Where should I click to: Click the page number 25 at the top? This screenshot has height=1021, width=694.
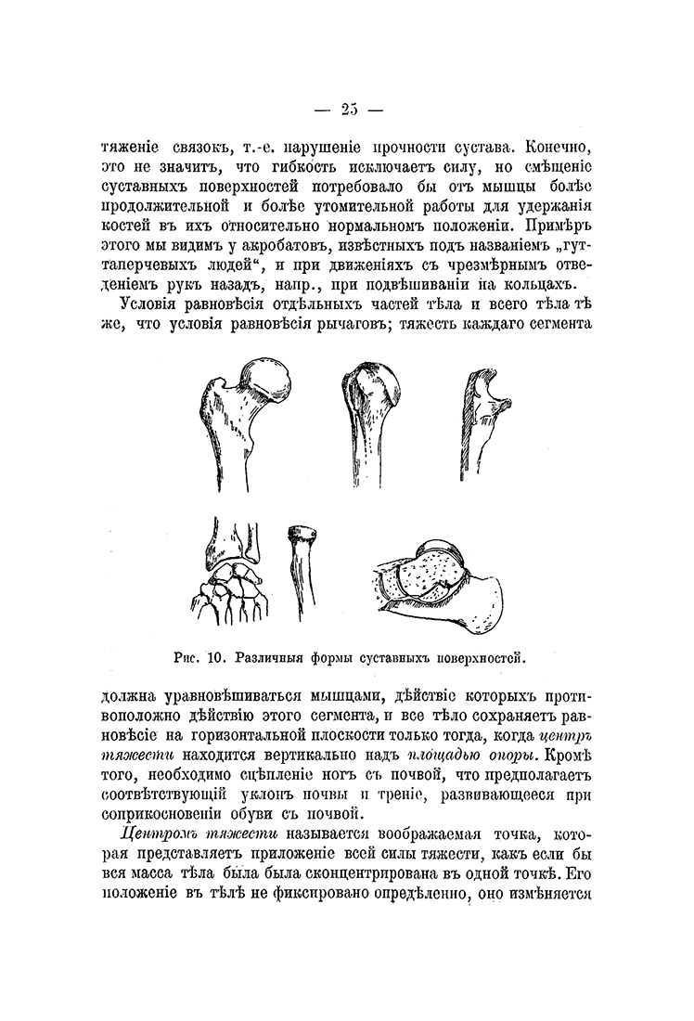pyautogui.click(x=347, y=110)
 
